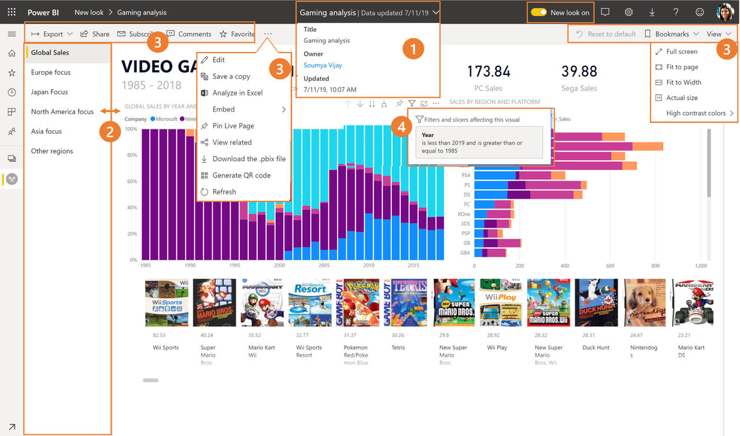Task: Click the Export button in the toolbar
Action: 51,34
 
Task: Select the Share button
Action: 95,34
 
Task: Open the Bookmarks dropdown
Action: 671,34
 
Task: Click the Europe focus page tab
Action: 51,72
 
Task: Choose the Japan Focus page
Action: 50,92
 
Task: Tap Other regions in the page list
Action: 52,151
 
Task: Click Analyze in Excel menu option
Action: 237,93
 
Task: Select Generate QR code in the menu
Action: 241,175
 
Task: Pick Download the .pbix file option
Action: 249,158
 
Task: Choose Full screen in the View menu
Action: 682,51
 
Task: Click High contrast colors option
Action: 695,113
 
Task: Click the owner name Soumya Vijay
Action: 323,65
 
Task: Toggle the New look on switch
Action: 539,12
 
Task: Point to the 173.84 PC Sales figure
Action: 489,72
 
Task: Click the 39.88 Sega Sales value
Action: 579,72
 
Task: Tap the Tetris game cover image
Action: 409,303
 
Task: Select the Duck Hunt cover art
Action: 596,303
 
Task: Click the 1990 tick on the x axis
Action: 190,266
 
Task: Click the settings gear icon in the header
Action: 628,12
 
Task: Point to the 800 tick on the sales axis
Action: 655,266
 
